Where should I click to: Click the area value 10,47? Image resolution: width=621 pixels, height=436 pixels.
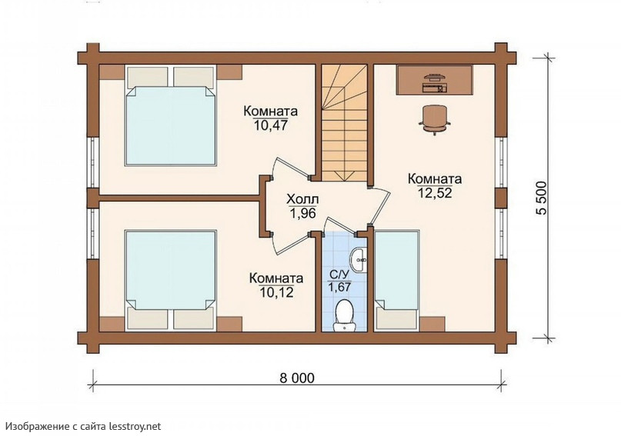(271, 125)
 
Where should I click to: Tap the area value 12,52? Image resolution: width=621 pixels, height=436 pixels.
(435, 193)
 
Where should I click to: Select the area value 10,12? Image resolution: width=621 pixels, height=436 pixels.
(276, 292)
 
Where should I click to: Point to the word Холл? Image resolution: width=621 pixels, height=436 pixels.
(302, 200)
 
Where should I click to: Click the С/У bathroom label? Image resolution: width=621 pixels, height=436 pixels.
(339, 274)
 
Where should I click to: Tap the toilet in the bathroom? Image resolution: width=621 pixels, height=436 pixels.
(343, 315)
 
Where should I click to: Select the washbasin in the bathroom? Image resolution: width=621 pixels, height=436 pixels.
(359, 260)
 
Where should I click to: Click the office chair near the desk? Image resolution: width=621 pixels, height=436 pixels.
(435, 120)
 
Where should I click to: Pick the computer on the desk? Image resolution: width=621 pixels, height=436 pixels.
(435, 82)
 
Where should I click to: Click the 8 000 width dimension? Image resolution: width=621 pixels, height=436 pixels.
(297, 378)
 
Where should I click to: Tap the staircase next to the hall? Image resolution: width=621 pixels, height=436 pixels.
(344, 123)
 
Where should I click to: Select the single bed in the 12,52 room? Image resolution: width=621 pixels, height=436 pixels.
(396, 280)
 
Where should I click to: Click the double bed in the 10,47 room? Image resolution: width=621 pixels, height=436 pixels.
(171, 115)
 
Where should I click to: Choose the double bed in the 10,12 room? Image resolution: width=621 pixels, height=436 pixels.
(171, 280)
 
